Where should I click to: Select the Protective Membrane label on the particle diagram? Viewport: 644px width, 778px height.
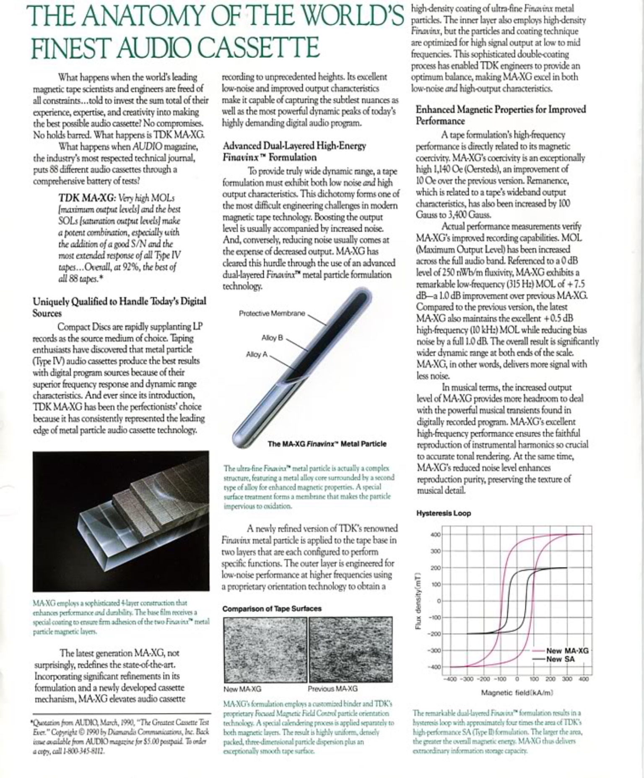(272, 313)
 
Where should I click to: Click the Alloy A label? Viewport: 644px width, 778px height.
(257, 354)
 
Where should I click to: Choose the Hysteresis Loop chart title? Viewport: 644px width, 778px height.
(444, 513)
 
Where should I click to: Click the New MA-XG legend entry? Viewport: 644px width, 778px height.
(567, 651)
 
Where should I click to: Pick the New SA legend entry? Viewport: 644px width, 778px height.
(560, 659)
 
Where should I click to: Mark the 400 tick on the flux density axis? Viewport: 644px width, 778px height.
(436, 535)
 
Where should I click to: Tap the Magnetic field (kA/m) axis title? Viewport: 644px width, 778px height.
(517, 692)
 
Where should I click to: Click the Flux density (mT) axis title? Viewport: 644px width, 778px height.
(418, 601)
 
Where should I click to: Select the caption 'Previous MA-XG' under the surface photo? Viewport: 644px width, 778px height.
(332, 689)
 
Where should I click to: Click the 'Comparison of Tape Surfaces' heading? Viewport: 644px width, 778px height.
(272, 609)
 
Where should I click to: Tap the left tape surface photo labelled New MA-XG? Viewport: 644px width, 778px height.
(265, 649)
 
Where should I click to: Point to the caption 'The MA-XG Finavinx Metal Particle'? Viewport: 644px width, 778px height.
(327, 444)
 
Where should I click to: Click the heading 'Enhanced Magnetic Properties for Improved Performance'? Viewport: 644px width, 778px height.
(501, 115)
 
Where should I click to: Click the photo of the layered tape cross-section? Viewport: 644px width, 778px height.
(121, 521)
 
